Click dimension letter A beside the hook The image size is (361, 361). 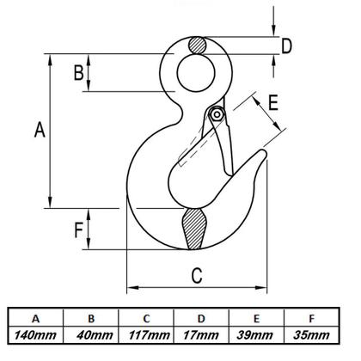pos(39,130)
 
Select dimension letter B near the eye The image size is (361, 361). pos(78,74)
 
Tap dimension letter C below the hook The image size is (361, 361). pos(196,275)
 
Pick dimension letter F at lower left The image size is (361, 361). pos(78,229)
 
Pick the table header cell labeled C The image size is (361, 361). pos(147,315)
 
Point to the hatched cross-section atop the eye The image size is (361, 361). pos(197,44)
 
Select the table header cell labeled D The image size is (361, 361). pos(201,315)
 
